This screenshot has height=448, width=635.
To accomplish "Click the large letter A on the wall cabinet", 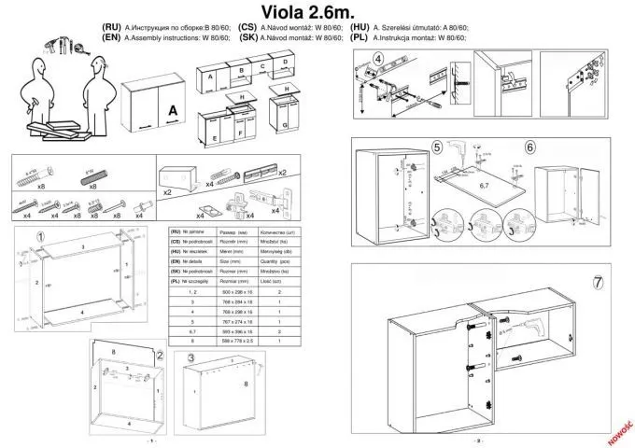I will (x=172, y=111).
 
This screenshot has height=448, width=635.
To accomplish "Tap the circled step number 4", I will (x=377, y=59).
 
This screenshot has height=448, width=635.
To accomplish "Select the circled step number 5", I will (x=437, y=147).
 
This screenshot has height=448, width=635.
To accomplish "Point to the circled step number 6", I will (x=529, y=147).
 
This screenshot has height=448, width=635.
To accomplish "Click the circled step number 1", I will (x=41, y=236).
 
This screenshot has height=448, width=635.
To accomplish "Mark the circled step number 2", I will (x=160, y=355).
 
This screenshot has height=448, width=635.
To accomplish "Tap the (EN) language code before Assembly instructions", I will (x=110, y=38).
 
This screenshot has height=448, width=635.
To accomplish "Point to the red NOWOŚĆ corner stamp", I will (x=619, y=428).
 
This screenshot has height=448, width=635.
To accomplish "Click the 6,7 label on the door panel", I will (x=484, y=186).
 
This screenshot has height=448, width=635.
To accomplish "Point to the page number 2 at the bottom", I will (x=478, y=440).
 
